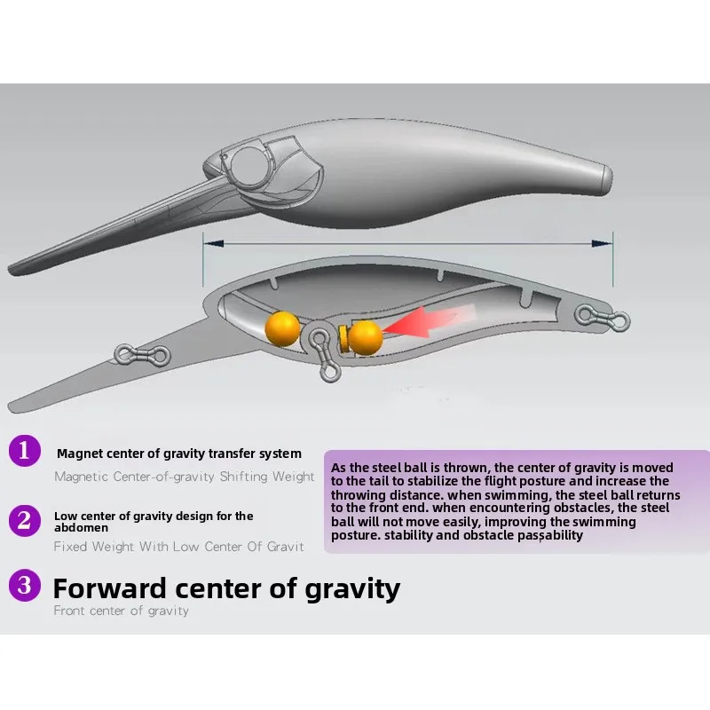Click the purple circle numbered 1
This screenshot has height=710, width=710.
[25, 451]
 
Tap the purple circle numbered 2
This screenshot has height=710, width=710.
[25, 521]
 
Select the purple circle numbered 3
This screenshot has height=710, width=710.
[25, 585]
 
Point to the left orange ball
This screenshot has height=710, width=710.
[282, 328]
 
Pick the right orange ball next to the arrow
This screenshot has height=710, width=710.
[366, 337]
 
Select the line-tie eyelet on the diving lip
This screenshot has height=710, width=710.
[142, 356]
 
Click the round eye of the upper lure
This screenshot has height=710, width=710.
[249, 166]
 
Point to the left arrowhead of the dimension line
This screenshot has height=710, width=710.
[214, 243]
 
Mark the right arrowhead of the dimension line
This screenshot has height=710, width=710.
[602, 243]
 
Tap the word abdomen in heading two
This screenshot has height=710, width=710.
[81, 528]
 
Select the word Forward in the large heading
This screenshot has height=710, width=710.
[109, 588]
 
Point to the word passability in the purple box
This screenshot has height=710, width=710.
[550, 536]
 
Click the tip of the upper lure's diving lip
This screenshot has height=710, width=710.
[10, 270]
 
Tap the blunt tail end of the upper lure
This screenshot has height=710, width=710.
[608, 179]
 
